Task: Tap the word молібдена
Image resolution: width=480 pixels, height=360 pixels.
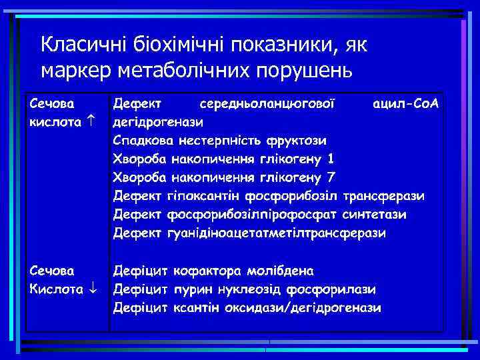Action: [x=279, y=271]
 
